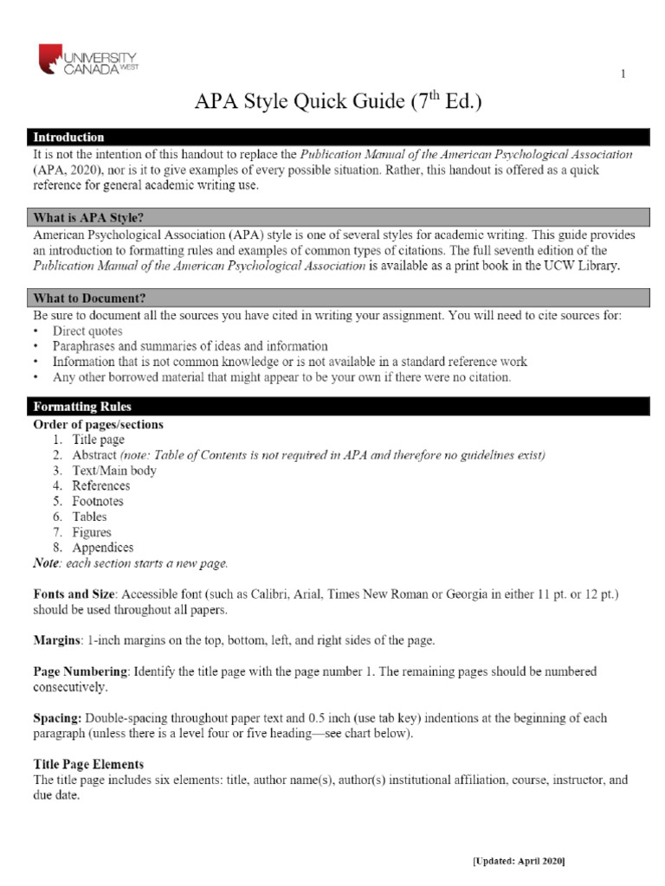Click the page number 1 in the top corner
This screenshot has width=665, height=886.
[x=623, y=74]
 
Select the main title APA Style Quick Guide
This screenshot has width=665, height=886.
[x=338, y=104]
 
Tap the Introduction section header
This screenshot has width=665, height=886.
[x=68, y=137]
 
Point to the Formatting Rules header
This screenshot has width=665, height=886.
[x=82, y=406]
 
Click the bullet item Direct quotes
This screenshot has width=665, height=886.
[x=87, y=331]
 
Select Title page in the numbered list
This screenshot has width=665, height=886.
[x=99, y=440]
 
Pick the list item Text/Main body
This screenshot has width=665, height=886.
[x=114, y=471]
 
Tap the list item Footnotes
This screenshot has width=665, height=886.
[x=98, y=501]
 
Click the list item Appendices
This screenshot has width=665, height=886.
[x=103, y=548]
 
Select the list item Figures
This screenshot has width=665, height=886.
[x=92, y=532]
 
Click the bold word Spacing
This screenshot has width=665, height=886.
[x=58, y=718]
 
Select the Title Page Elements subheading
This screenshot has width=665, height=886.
[x=88, y=765]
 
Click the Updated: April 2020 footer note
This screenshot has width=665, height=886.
[x=519, y=862]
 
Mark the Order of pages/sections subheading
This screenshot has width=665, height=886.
[x=98, y=425]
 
